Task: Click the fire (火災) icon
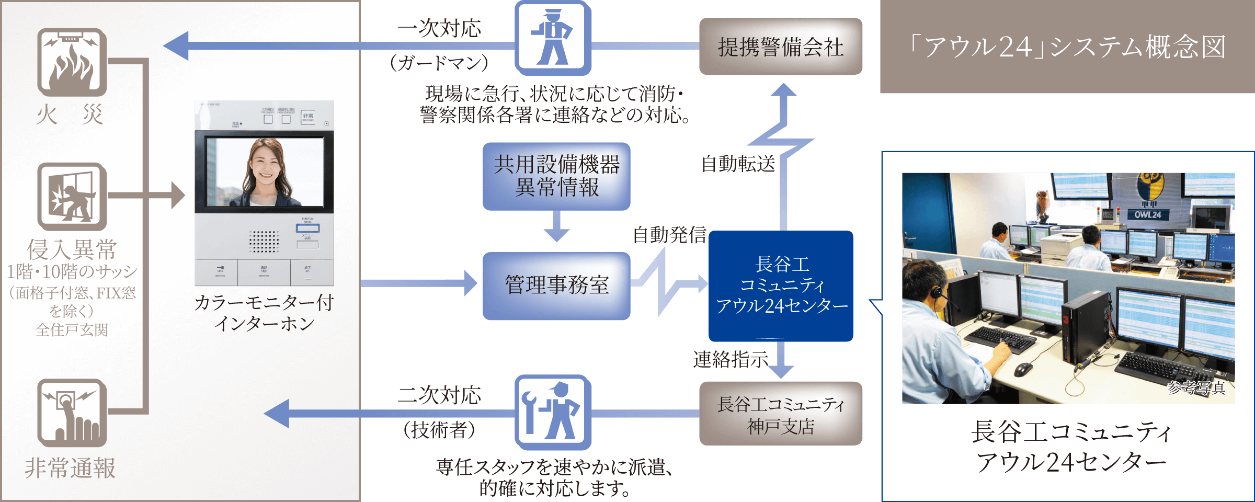click(x=72, y=62)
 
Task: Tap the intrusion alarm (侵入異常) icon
click(x=72, y=197)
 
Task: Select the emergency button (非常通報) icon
click(x=72, y=413)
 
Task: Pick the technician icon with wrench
click(x=553, y=412)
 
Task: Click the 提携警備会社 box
click(x=780, y=47)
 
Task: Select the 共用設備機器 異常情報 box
click(x=556, y=176)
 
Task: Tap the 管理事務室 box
click(x=556, y=286)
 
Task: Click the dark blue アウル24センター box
click(x=781, y=286)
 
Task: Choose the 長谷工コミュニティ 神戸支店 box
click(x=780, y=414)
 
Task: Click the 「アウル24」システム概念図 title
click(x=1067, y=47)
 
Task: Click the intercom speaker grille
click(x=264, y=241)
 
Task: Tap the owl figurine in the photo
click(x=1043, y=204)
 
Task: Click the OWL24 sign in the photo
click(x=1147, y=214)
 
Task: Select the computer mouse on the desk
click(x=1023, y=369)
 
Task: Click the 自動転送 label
click(x=738, y=164)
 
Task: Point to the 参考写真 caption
click(x=1196, y=387)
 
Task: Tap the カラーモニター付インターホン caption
click(x=264, y=313)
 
